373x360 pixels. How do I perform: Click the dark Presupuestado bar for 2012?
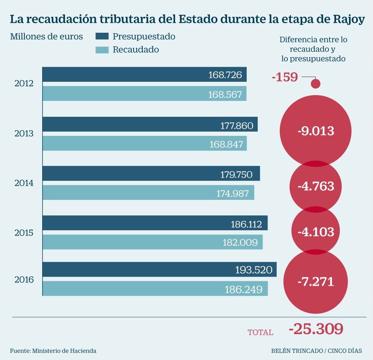click(144, 75)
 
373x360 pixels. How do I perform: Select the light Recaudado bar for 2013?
click(144, 143)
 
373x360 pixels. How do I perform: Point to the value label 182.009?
click(240, 242)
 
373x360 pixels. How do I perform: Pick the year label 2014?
click(24, 183)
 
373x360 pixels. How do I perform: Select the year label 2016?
click(24, 280)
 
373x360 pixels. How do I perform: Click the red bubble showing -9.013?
click(315, 131)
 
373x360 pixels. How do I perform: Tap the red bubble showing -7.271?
click(315, 282)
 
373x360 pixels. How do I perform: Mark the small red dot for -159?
click(316, 83)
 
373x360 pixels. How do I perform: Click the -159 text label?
click(285, 77)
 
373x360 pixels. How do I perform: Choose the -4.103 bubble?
click(315, 232)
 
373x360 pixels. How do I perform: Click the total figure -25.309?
click(316, 329)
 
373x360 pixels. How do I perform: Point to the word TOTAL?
click(260, 332)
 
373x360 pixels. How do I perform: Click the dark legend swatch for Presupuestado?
click(102, 37)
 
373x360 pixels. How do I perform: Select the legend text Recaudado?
click(135, 50)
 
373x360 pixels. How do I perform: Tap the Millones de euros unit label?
click(46, 37)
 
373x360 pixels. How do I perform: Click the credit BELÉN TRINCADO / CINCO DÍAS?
click(317, 350)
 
